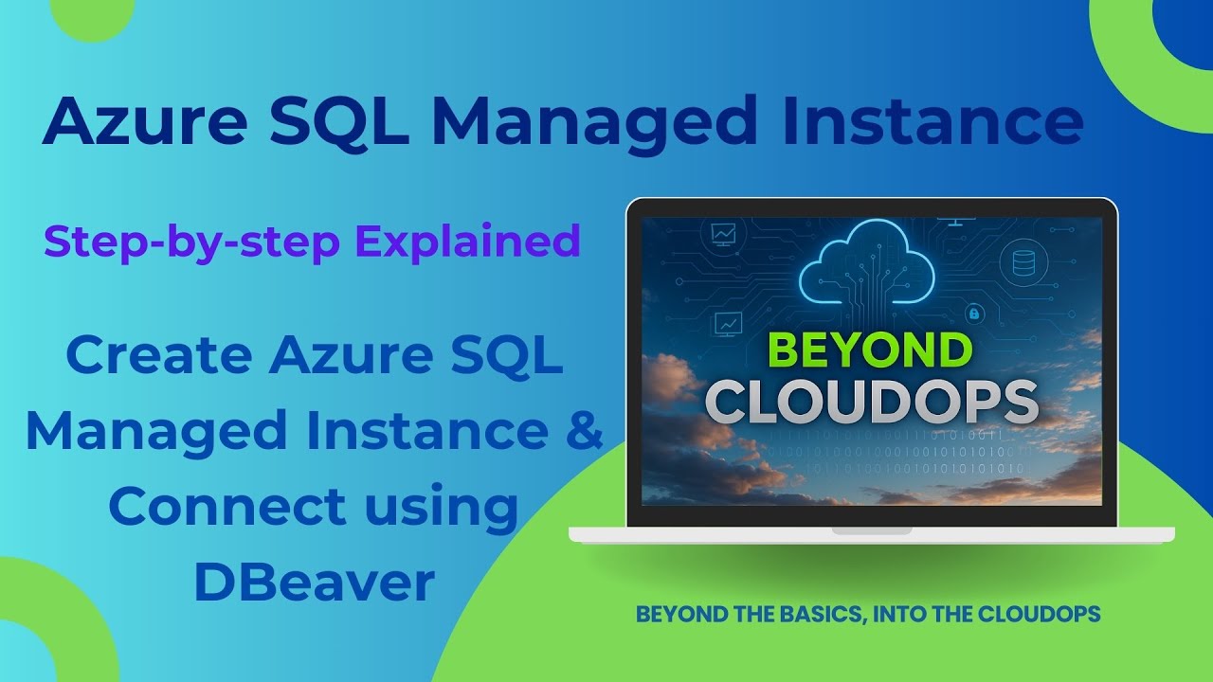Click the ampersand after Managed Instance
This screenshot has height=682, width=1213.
[x=583, y=430]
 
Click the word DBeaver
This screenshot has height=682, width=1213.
[x=314, y=583]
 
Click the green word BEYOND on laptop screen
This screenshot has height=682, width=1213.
[x=871, y=350]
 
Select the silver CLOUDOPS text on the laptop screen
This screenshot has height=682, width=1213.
[x=871, y=403]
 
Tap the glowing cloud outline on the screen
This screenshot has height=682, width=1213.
[x=867, y=264]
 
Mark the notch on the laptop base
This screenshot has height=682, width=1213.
[x=871, y=531]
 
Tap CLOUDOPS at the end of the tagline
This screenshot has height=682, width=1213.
[x=1047, y=614]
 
